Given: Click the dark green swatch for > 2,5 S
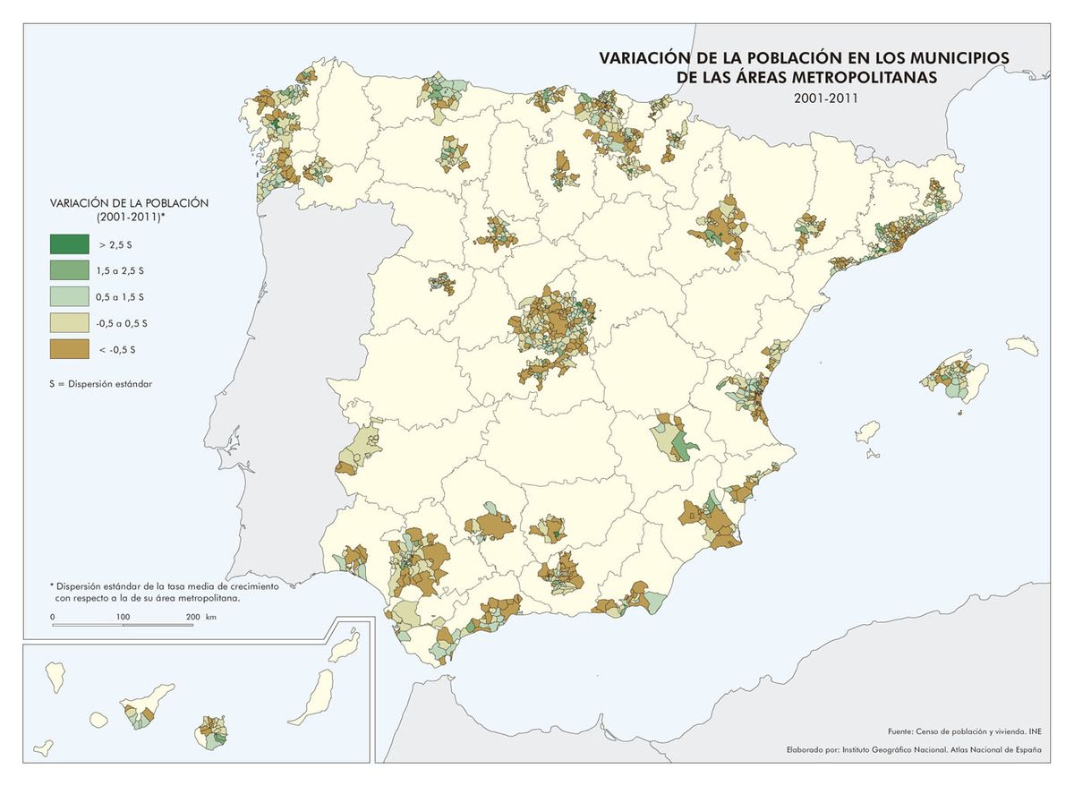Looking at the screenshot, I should tap(69, 243).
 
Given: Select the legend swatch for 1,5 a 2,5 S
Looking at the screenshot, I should tap(69, 269).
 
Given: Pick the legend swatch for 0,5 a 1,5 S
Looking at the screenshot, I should tap(69, 295).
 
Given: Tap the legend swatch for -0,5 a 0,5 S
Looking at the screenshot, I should tap(69, 322).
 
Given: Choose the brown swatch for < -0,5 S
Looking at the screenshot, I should tap(69, 348).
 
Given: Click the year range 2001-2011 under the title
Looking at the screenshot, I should tap(825, 98).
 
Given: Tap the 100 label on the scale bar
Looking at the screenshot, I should tap(123, 617).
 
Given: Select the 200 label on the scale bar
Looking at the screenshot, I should tap(192, 617).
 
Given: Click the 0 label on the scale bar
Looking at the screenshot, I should tap(53, 617).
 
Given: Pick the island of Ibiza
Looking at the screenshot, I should tap(866, 430).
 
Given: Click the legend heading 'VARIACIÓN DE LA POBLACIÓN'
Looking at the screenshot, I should tap(130, 203).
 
